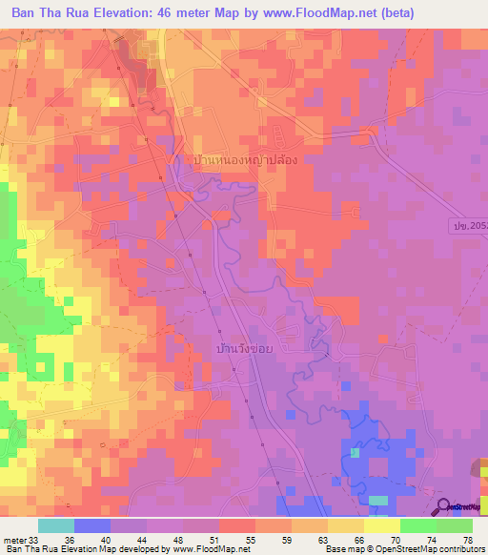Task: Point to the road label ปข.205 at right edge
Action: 468,223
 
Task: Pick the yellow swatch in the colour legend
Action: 381,525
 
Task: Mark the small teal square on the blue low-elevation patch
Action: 356,452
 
